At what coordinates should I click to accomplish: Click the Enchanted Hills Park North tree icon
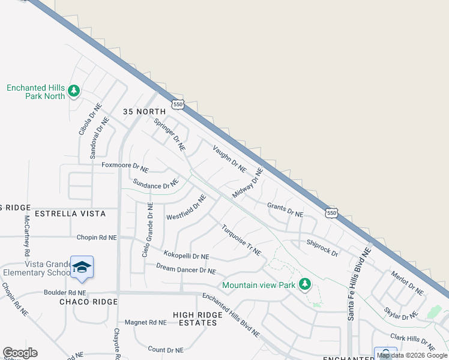74,91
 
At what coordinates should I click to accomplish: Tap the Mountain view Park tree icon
305,284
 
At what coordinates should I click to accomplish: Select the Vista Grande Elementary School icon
82,268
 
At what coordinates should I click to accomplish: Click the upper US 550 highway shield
177,105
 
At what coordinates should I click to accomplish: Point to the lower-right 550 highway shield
331,213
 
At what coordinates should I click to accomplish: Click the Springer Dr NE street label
169,134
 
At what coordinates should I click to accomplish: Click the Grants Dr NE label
285,209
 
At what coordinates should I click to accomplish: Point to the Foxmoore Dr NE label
125,165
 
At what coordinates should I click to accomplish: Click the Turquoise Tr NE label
241,240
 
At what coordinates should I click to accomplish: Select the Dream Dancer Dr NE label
185,269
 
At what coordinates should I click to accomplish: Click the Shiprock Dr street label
322,248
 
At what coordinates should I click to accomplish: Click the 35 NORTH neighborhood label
144,112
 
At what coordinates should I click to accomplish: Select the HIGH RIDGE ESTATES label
194,319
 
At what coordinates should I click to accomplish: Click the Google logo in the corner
20,353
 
